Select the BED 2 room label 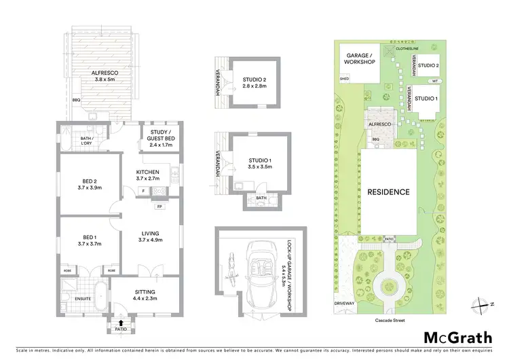pyautogui.click(x=89, y=184)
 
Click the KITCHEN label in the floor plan pyautogui.click(x=147, y=175)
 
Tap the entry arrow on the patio pyautogui.click(x=121, y=323)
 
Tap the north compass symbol pyautogui.click(x=485, y=304)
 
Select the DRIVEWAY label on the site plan pyautogui.click(x=345, y=303)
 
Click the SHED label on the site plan pyautogui.click(x=344, y=79)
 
